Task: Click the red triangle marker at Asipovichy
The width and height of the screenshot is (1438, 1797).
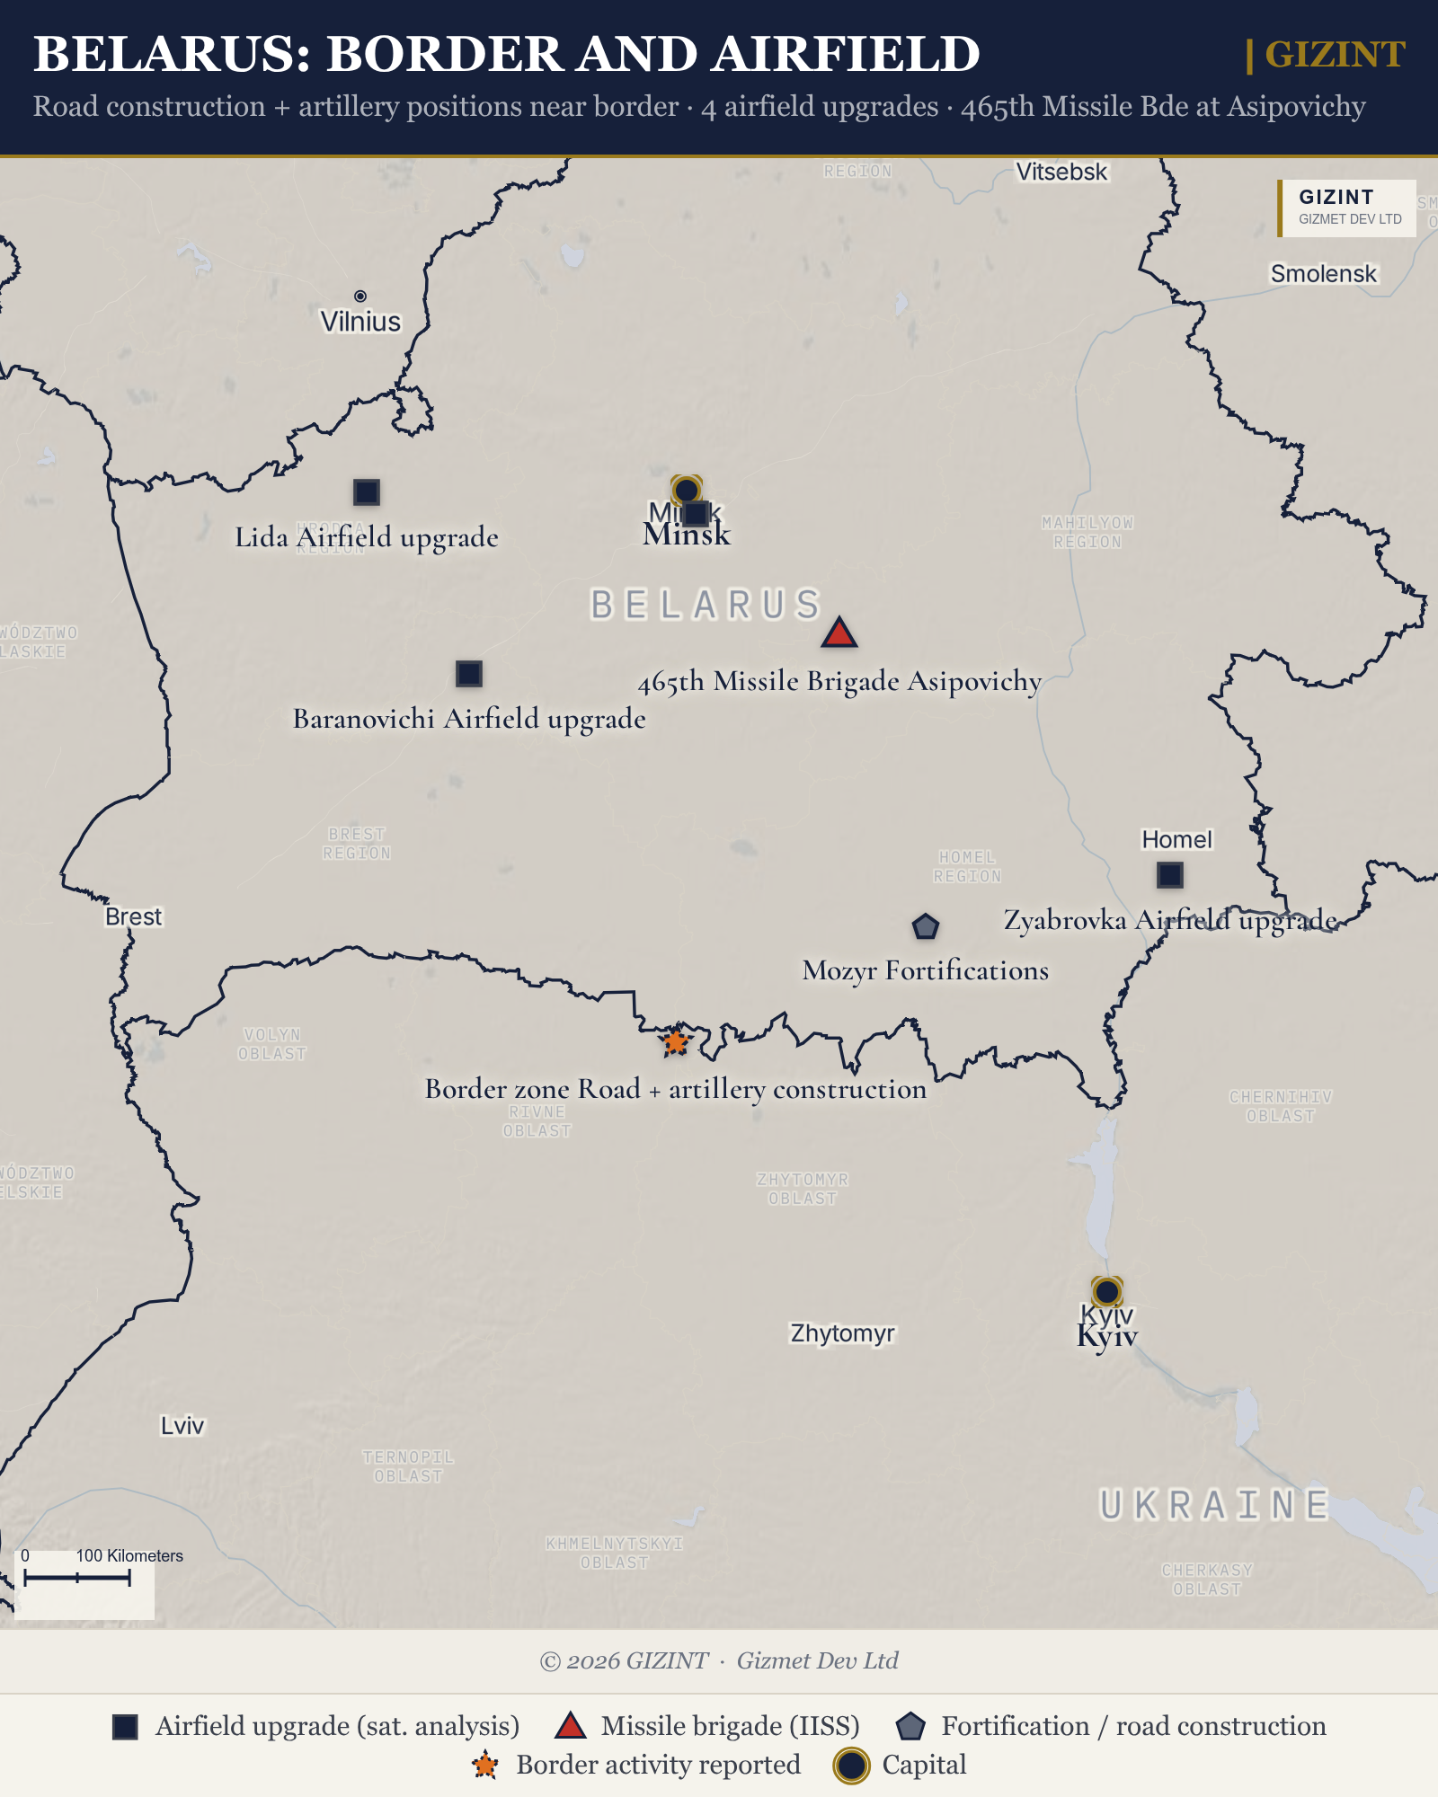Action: pyautogui.click(x=839, y=633)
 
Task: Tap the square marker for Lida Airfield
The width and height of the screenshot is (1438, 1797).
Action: pyautogui.click(x=366, y=492)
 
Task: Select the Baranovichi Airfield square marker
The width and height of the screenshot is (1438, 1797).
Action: pyautogui.click(x=468, y=673)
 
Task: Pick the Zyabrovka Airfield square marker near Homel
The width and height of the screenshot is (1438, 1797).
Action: pyautogui.click(x=1169, y=874)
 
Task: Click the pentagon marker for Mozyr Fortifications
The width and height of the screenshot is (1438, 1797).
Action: pyautogui.click(x=925, y=926)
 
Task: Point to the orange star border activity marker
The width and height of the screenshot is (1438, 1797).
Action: pyautogui.click(x=675, y=1042)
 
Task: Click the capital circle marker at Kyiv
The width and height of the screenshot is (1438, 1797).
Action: pyautogui.click(x=1106, y=1291)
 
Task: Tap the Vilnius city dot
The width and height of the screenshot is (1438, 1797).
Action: pyautogui.click(x=360, y=297)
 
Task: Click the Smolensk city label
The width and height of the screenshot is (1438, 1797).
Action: pyautogui.click(x=1323, y=273)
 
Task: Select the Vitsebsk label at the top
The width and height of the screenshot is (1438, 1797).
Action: pyautogui.click(x=1061, y=172)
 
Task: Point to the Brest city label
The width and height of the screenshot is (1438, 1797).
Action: pyautogui.click(x=133, y=916)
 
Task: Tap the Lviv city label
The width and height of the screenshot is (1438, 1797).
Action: pyautogui.click(x=182, y=1426)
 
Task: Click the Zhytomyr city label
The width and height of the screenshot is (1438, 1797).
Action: pyautogui.click(x=842, y=1333)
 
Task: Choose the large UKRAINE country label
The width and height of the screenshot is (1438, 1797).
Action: pyautogui.click(x=1214, y=1505)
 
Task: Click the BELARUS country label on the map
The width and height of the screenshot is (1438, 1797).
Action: pyautogui.click(x=706, y=605)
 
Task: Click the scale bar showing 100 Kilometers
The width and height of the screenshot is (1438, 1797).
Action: pyautogui.click(x=77, y=1578)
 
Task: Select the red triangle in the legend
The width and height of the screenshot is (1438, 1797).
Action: pyautogui.click(x=570, y=1725)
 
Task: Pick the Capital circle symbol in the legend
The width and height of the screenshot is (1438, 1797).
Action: pyautogui.click(x=851, y=1766)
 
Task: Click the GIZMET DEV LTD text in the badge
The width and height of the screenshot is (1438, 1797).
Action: pyautogui.click(x=1349, y=219)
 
